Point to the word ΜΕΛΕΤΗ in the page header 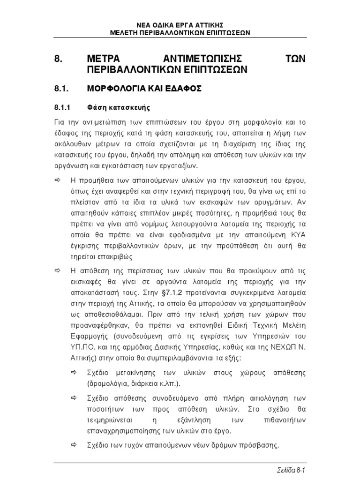122,32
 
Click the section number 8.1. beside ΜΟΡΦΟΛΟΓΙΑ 61,88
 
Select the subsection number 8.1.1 62,107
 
